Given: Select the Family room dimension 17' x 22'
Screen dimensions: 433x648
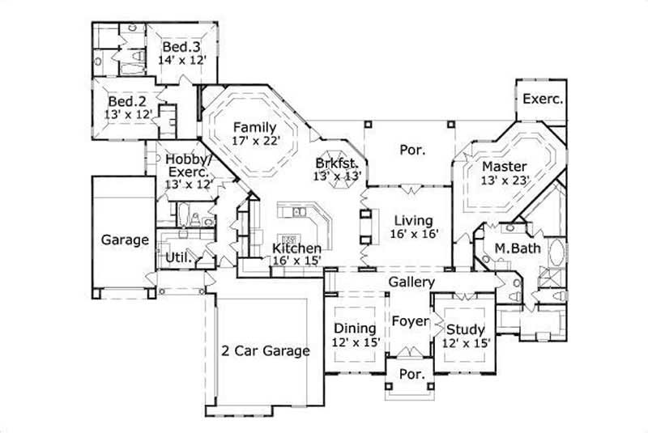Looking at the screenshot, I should coord(255,141).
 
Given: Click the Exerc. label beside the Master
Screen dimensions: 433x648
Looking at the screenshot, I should coord(543,99).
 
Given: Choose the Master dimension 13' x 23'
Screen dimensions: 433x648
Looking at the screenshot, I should coord(505,180).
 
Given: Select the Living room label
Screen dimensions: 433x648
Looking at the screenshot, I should coord(413,220).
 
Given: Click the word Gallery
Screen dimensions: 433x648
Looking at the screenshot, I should coord(411,282).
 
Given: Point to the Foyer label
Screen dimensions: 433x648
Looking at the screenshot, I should coord(410,321).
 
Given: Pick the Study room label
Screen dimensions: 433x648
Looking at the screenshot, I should coord(466,329).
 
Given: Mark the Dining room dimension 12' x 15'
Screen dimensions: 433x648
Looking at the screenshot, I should coord(356,342).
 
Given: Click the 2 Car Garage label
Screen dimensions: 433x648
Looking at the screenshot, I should coord(266,350).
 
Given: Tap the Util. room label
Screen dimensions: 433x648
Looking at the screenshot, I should coord(178,258).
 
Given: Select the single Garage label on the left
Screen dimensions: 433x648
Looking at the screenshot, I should coord(125,240).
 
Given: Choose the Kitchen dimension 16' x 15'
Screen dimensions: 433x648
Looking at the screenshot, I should coord(297,261).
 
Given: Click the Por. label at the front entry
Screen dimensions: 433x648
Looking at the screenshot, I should coord(412,375).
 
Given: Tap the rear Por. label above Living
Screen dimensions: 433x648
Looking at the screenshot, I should coord(413,150).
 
